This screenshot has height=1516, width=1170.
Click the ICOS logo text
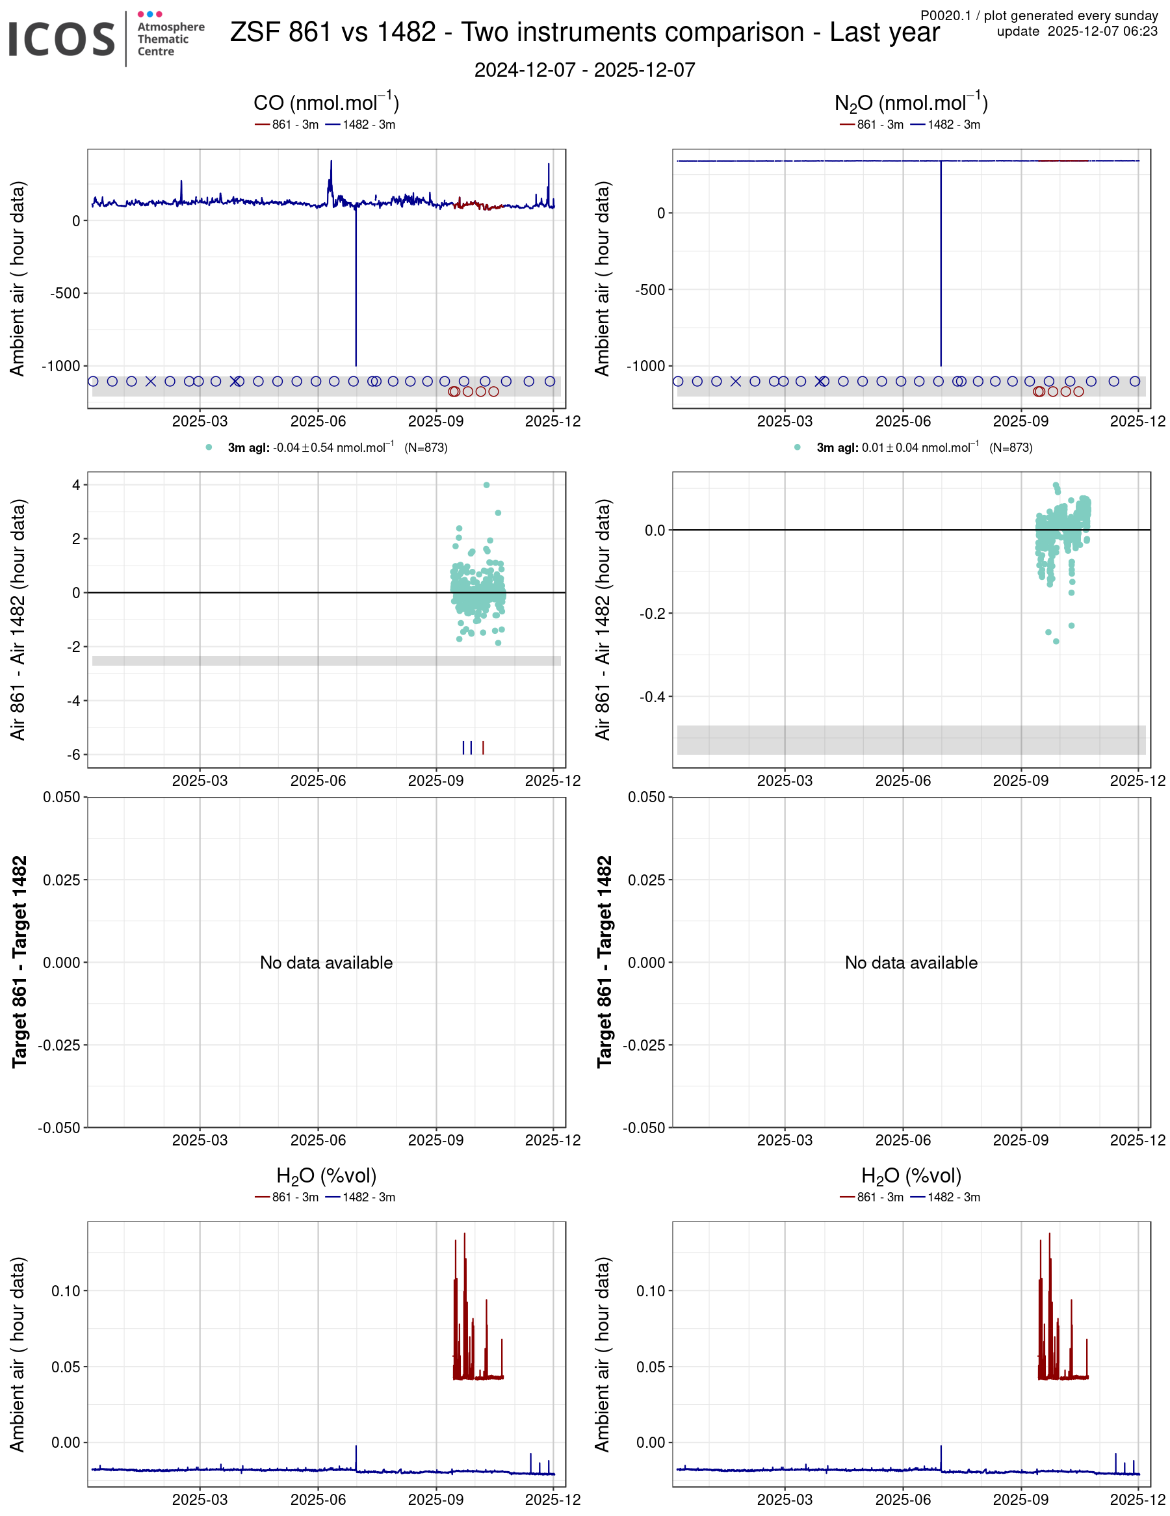point(61,39)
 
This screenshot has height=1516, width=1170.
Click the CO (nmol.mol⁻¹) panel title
point(326,103)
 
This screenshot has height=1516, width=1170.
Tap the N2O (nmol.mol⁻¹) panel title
point(911,103)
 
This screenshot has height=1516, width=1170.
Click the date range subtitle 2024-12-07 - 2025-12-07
point(584,70)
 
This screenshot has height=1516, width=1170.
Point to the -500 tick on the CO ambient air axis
point(65,293)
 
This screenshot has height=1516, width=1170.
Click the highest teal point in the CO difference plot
point(486,485)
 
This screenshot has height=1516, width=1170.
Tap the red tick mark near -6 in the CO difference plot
point(483,748)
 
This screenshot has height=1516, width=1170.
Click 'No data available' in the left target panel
point(326,963)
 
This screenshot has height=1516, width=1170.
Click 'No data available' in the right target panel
point(911,963)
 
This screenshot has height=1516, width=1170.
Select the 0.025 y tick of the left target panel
point(62,880)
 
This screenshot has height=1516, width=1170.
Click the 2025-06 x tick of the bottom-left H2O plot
point(318,1499)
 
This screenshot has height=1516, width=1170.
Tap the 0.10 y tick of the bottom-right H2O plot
point(650,1291)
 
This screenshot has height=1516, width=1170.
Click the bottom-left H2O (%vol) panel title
point(326,1176)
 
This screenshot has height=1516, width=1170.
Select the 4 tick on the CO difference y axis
point(75,485)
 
